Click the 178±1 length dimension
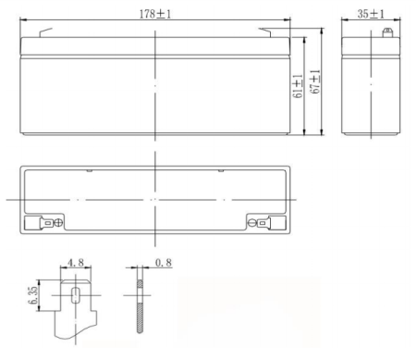tap(154, 13)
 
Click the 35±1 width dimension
tap(370, 13)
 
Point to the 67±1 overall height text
tap(315, 83)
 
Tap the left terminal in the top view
tap(44, 222)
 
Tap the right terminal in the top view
tap(263, 222)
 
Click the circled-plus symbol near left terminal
tap(58, 222)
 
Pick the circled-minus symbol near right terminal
tap(251, 222)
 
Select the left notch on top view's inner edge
tap(89, 171)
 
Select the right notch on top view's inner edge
tap(220, 171)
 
